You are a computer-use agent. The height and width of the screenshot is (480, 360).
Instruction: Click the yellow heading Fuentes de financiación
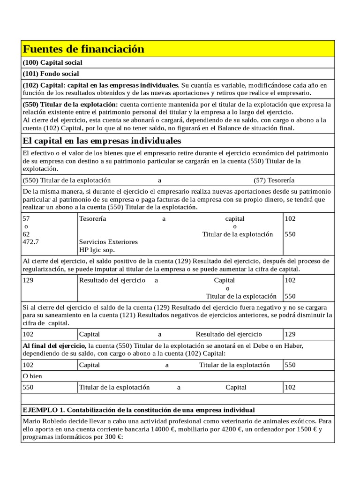coord(83,49)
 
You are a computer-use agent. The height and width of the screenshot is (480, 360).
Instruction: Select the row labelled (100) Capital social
coord(52,62)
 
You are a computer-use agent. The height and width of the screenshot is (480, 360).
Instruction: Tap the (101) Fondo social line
coord(51,74)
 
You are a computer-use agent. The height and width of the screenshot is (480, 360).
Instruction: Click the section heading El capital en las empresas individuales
coord(102,141)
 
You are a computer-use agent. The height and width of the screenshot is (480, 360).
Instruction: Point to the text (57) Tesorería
coord(274,180)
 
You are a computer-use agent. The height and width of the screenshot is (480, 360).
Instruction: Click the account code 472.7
coord(30,242)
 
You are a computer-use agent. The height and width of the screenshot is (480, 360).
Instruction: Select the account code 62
coord(26,234)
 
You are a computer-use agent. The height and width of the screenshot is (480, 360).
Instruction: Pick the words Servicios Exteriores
coord(108,242)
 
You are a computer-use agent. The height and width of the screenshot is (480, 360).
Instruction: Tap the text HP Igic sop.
coord(97,250)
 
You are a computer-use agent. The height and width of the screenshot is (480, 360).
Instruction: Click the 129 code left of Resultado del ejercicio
coord(28,280)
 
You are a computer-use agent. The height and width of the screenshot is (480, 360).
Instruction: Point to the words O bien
coord(32,376)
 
